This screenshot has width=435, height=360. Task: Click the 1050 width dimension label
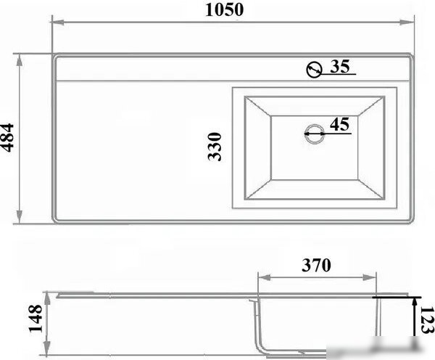[225, 9]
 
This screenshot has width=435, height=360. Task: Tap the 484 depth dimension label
[7, 138]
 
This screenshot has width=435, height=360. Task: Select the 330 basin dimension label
[215, 147]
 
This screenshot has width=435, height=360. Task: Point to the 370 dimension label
[316, 265]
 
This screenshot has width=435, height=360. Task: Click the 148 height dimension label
[36, 319]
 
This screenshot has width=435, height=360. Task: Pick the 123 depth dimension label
[427, 320]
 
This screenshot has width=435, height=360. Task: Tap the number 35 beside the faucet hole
[341, 66]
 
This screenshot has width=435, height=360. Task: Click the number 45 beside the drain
[339, 124]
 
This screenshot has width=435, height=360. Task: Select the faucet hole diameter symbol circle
[315, 69]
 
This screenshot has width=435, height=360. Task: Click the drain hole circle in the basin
[315, 134]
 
